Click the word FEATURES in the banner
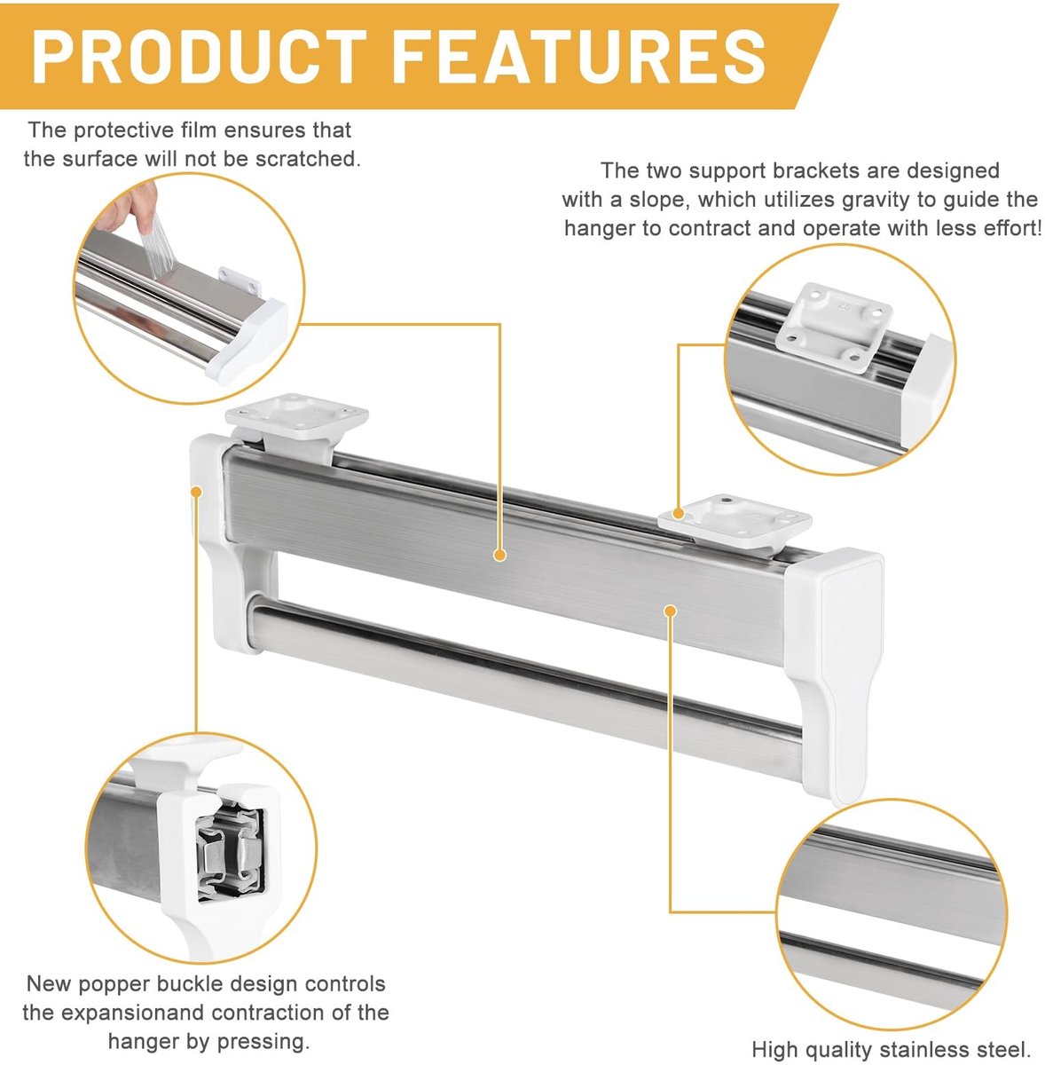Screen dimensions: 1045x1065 (x=578, y=57)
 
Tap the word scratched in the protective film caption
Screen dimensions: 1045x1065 (x=307, y=159)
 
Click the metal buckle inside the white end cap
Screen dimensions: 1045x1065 (x=230, y=853)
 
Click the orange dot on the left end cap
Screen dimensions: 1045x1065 (x=196, y=491)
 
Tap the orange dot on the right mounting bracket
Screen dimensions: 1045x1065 (x=679, y=514)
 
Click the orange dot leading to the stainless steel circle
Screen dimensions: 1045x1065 (x=671, y=611)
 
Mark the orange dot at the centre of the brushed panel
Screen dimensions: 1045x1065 (x=499, y=555)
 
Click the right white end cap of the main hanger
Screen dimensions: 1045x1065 (x=835, y=663)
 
